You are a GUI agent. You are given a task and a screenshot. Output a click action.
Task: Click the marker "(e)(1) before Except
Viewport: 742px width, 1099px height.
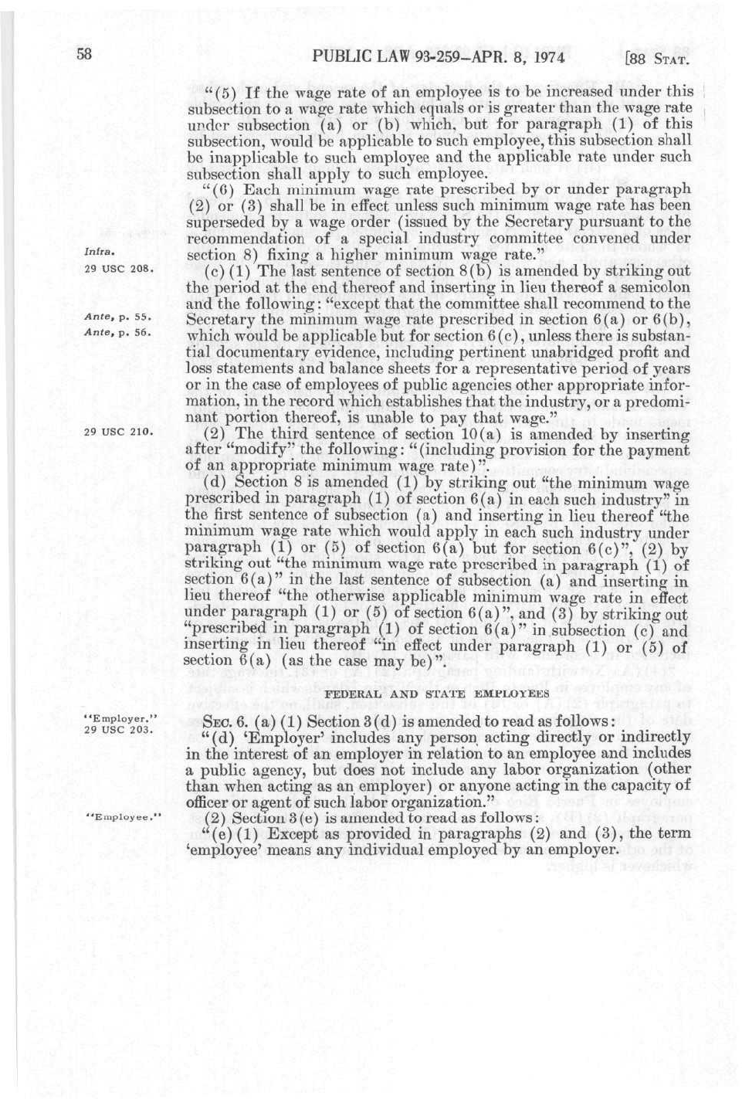(x=231, y=833)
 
